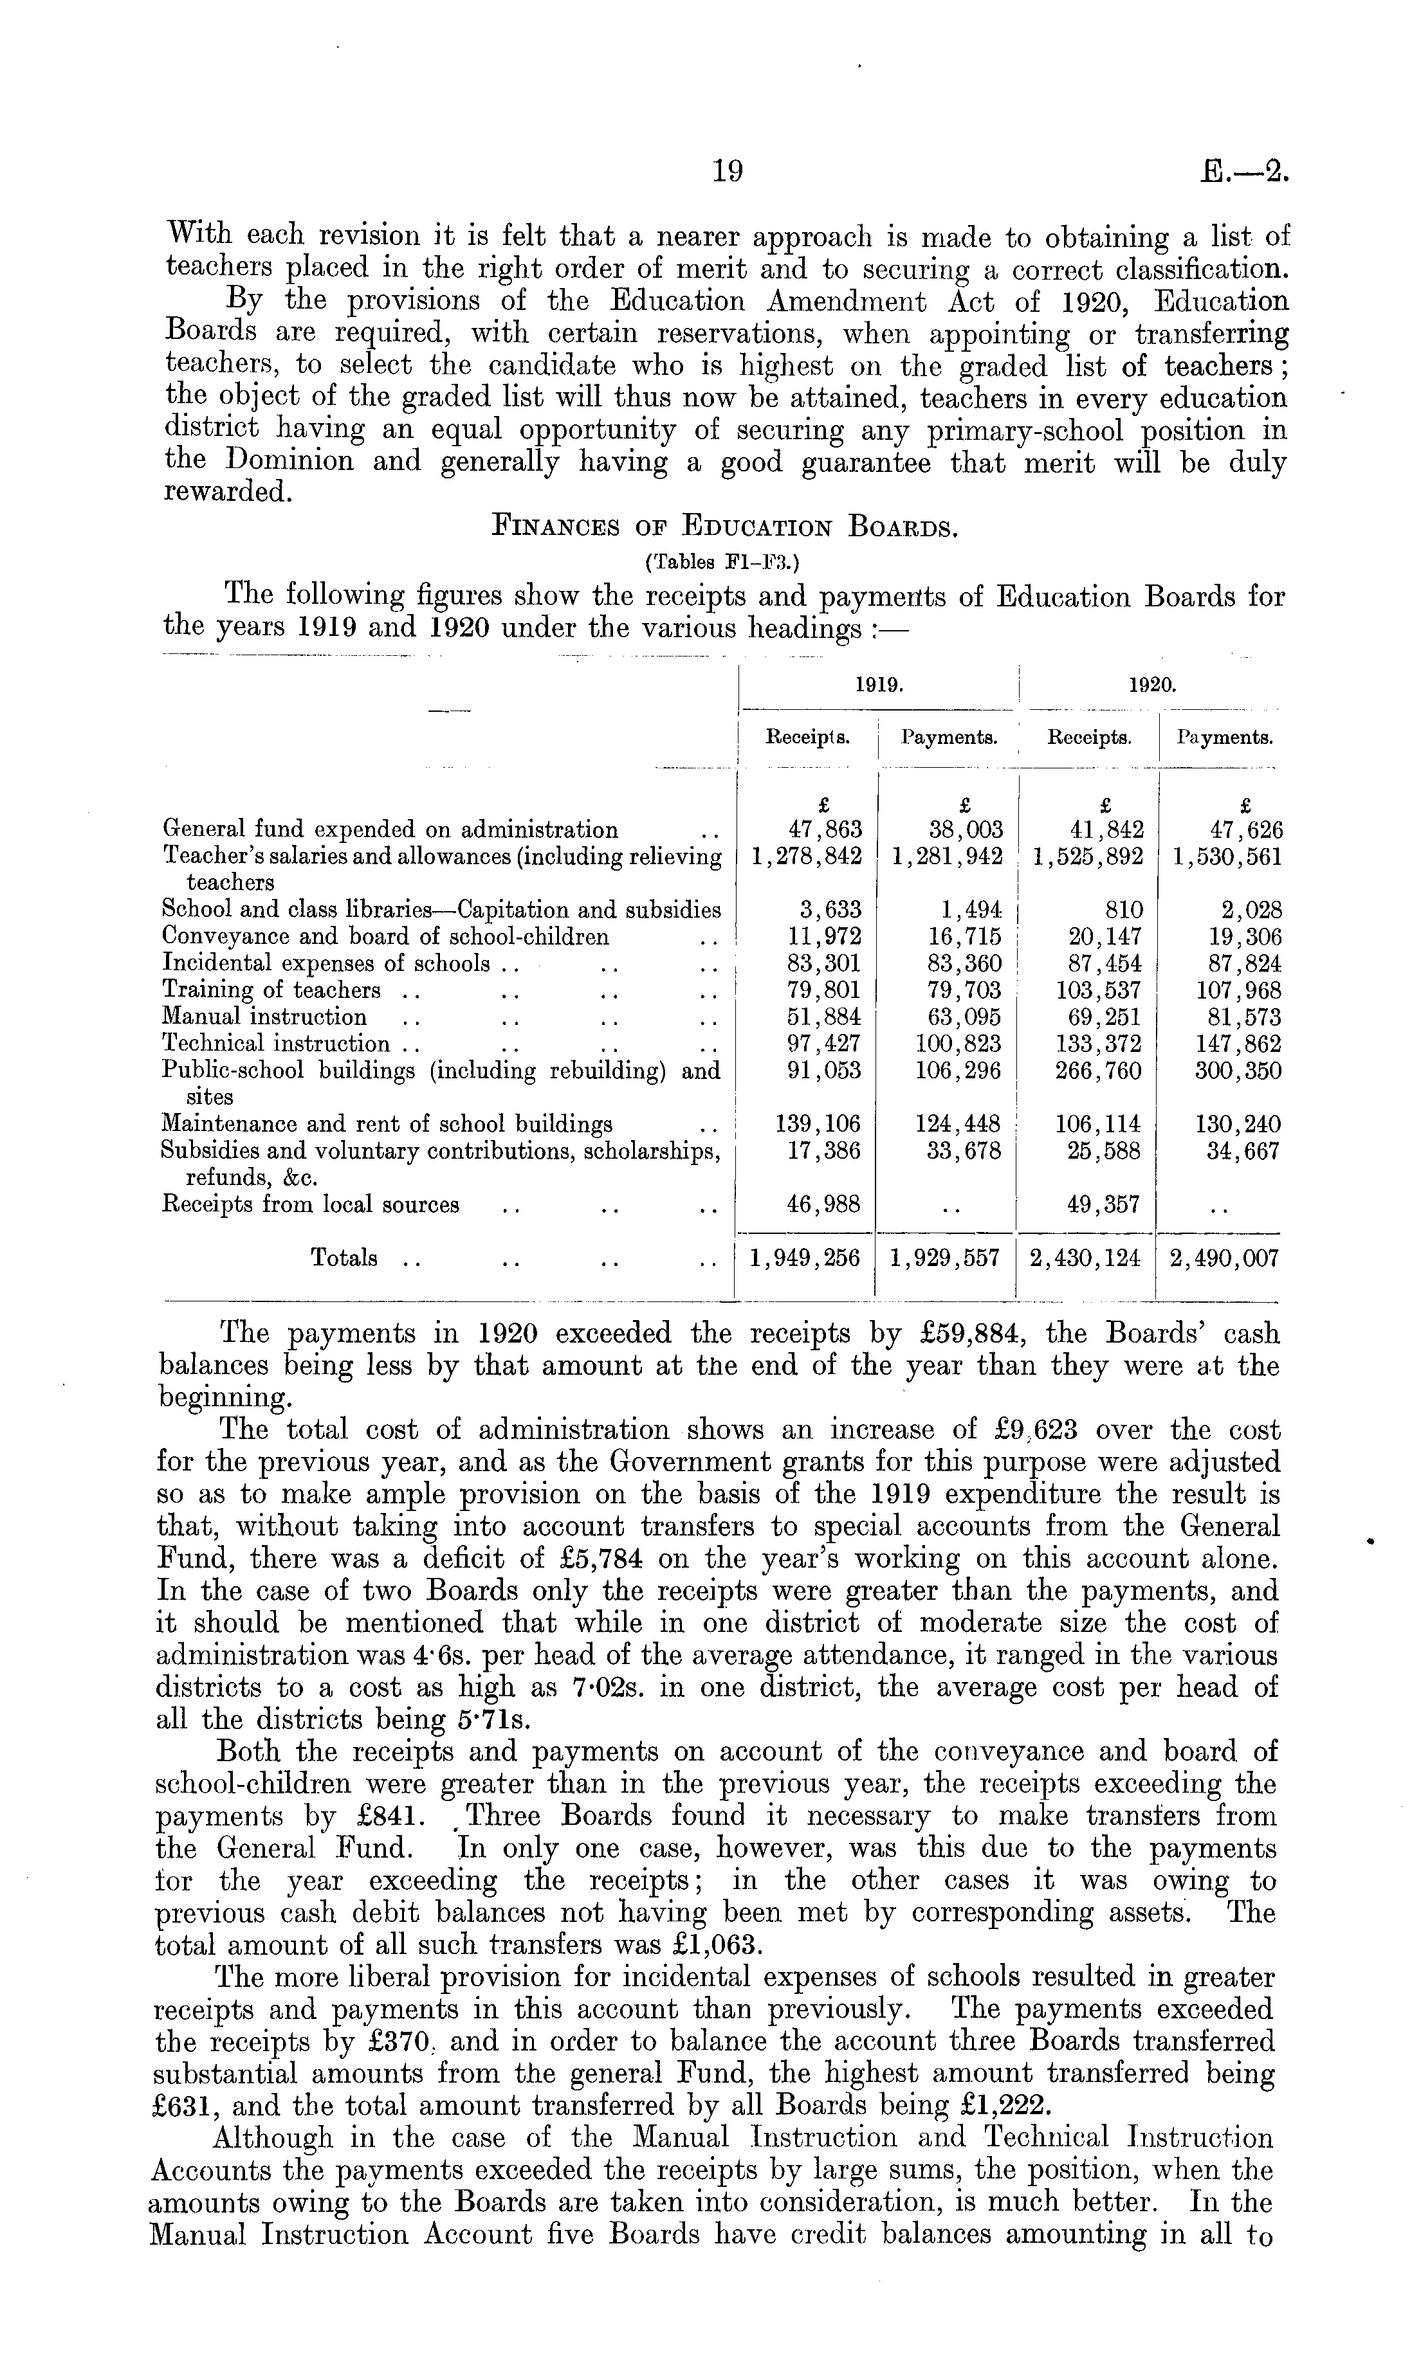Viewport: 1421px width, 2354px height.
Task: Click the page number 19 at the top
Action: pyautogui.click(x=727, y=171)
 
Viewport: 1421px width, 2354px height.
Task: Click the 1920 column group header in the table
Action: pyautogui.click(x=1151, y=685)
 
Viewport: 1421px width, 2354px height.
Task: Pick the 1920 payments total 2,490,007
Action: pyautogui.click(x=1224, y=1258)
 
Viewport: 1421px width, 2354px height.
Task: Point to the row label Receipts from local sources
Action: pyautogui.click(x=311, y=1205)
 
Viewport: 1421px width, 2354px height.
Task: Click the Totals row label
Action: pyautogui.click(x=344, y=1258)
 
